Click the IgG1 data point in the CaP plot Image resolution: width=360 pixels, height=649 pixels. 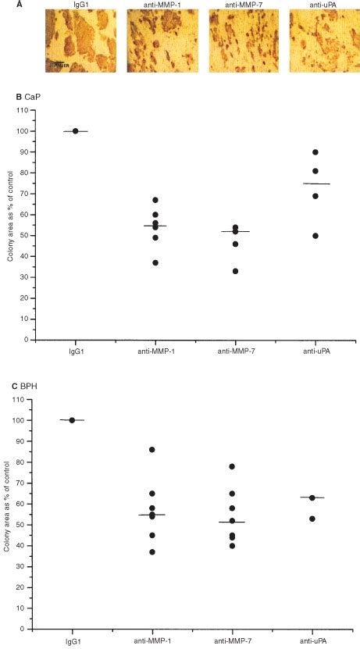(75, 131)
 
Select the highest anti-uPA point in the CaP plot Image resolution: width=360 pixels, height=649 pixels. (315, 152)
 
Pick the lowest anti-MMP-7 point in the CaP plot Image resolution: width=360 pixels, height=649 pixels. (235, 271)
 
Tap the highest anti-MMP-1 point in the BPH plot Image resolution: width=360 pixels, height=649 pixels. (153, 450)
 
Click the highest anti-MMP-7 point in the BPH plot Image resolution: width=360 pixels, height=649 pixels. (232, 466)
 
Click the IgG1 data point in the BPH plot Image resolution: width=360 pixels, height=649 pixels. (72, 420)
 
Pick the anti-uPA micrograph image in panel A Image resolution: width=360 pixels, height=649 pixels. (318, 42)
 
